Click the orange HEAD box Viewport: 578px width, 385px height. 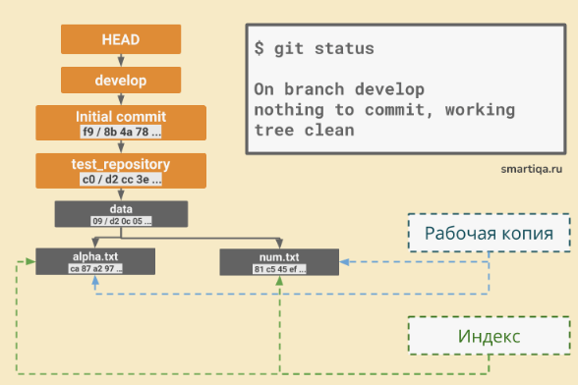pyautogui.click(x=121, y=39)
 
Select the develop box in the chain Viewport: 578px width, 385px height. pyautogui.click(x=121, y=80)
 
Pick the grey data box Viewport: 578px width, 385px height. pyautogui.click(x=121, y=214)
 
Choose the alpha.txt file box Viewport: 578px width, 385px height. pyautogui.click(x=93, y=260)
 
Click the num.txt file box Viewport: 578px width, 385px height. pyautogui.click(x=279, y=260)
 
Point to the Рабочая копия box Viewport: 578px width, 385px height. pyautogui.click(x=489, y=234)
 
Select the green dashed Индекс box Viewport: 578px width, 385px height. pyautogui.click(x=489, y=336)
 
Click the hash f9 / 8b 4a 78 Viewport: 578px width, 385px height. pyautogui.click(x=121, y=131)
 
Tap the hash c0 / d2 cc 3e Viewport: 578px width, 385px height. pyautogui.click(x=121, y=179)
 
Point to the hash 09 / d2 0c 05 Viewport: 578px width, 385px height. pyautogui.click(x=121, y=221)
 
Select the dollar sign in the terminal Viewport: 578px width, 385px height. pyautogui.click(x=259, y=48)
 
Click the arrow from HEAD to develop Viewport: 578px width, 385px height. pyautogui.click(x=121, y=60)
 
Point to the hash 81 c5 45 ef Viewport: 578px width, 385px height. pyautogui.click(x=279, y=267)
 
